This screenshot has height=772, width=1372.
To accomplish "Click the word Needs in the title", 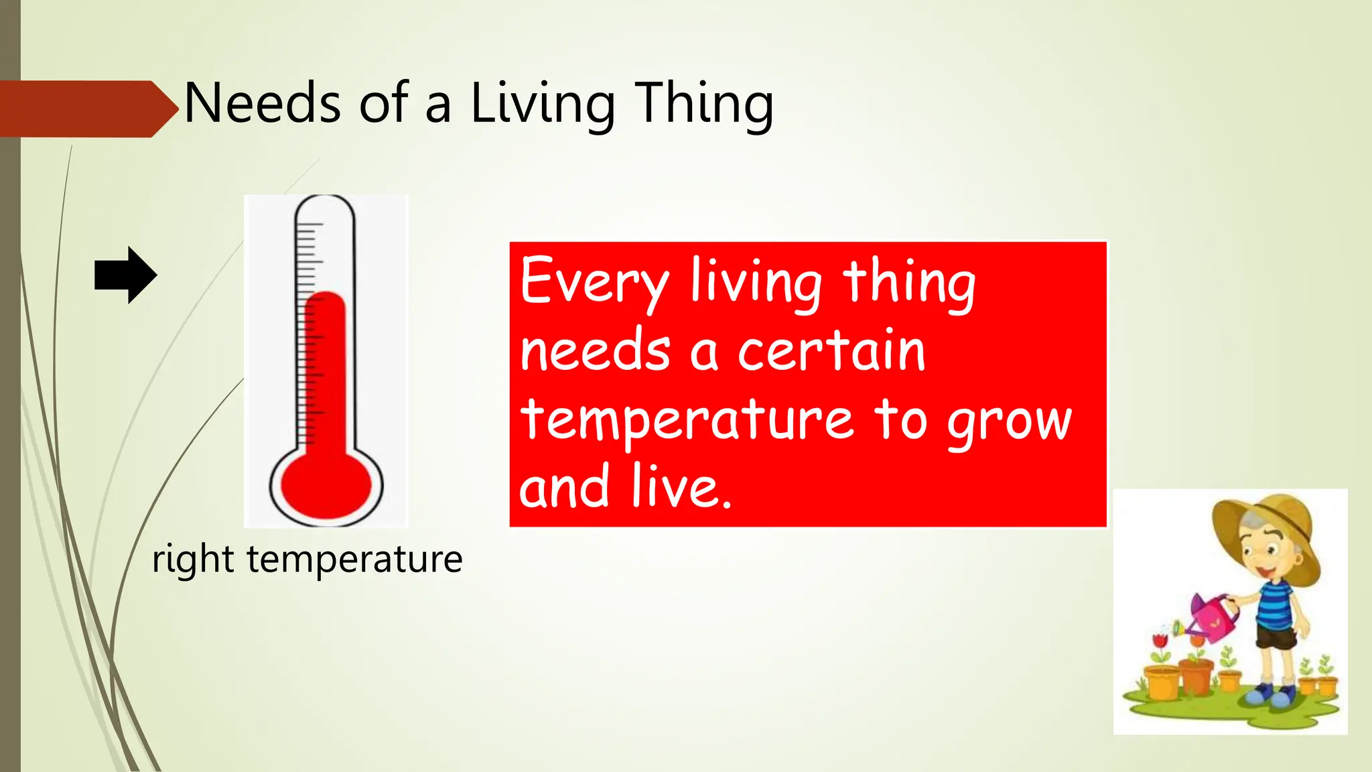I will point(262,104).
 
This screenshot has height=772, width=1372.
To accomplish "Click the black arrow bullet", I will point(126,275).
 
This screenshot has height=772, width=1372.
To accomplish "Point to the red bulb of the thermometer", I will point(326,484).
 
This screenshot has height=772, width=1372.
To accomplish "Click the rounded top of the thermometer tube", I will point(325,208).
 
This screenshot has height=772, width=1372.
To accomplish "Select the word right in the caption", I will point(193,560).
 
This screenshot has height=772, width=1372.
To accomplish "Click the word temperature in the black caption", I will point(354,559).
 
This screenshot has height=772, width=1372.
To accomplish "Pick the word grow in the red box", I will point(1010,422).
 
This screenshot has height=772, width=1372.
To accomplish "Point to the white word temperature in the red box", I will point(687,420).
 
